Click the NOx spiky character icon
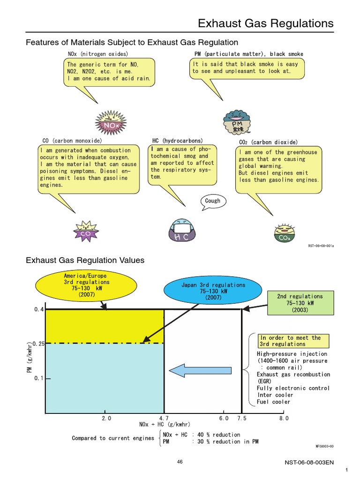click(x=111, y=123)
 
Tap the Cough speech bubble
click(x=212, y=201)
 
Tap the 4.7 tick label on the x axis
click(x=164, y=418)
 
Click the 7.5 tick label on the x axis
click(x=241, y=418)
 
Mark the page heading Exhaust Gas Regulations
click(x=266, y=23)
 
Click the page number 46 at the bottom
click(x=180, y=462)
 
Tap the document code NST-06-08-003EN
click(x=309, y=462)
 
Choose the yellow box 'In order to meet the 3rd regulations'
click(x=293, y=341)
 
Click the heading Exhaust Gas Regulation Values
click(x=85, y=260)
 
